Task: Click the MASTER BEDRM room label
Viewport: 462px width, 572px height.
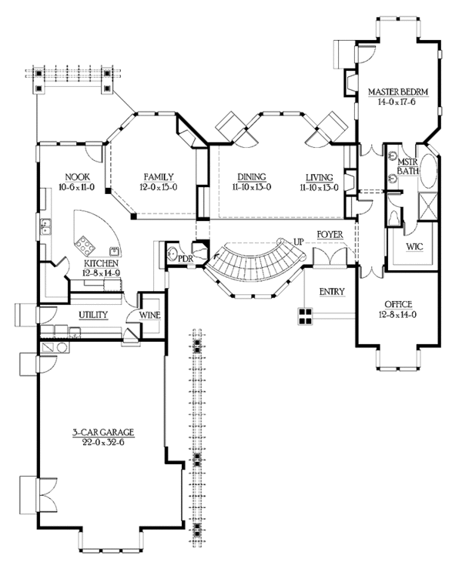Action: point(397,92)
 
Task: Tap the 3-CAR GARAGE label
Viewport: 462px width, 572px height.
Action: point(102,433)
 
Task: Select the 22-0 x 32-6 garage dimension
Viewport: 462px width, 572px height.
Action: point(103,443)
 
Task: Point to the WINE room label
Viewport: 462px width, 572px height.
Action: point(150,314)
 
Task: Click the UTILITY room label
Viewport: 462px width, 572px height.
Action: point(93,314)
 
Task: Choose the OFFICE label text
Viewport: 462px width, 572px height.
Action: point(398,304)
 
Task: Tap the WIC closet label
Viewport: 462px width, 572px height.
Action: point(415,246)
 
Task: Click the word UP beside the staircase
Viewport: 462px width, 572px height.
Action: point(299,242)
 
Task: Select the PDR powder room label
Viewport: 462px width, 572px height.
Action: point(186,258)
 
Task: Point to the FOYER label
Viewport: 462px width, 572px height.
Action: point(330,234)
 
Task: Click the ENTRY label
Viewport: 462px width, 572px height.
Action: point(332,292)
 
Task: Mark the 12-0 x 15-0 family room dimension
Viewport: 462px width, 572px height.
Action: point(159,188)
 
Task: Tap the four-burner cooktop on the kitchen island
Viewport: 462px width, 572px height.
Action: point(85,245)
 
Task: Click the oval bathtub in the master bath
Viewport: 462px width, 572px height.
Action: point(427,171)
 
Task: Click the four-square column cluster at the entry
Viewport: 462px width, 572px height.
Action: point(305,316)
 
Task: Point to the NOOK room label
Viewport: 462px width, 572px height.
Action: point(77,177)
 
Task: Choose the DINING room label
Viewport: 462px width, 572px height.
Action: point(252,177)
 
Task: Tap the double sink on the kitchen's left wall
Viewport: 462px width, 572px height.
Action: point(46,226)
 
